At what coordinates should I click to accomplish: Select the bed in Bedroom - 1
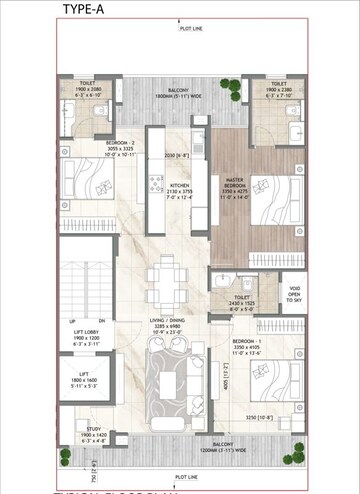tap(273, 372)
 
